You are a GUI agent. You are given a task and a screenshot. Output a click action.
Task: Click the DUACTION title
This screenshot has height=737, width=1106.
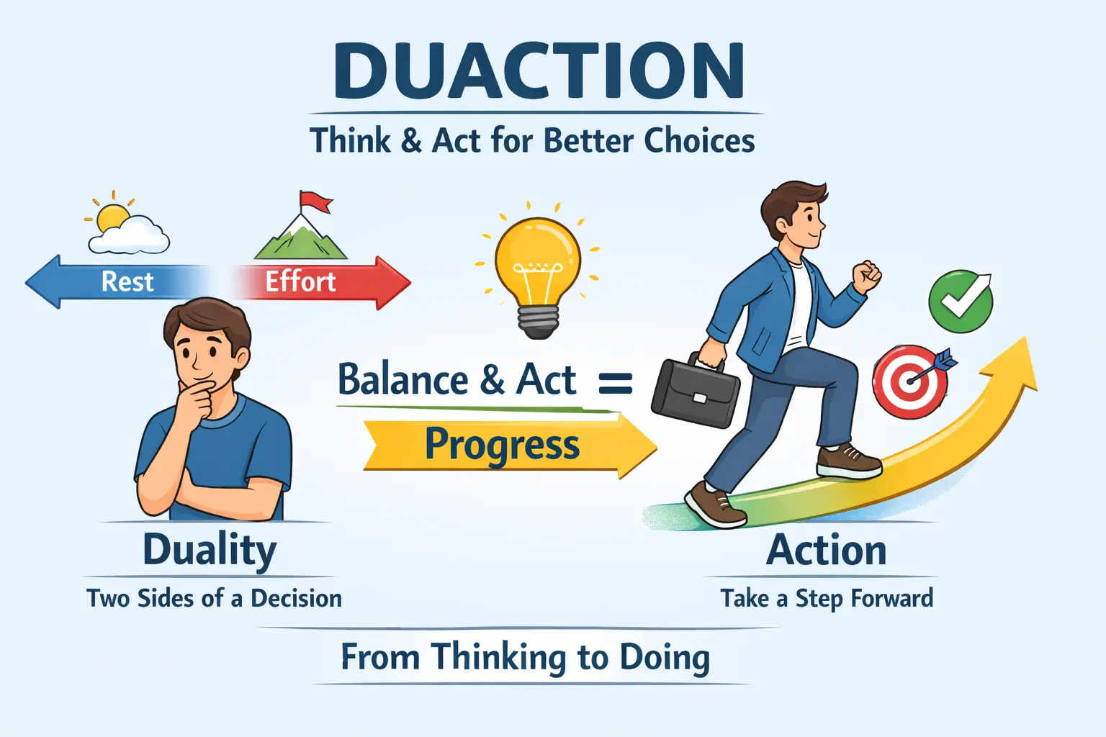pyautogui.click(x=539, y=72)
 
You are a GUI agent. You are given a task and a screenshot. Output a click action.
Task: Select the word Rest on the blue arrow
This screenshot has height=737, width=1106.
pyautogui.click(x=127, y=281)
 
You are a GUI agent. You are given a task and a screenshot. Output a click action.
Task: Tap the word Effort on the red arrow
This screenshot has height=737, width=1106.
pyautogui.click(x=300, y=281)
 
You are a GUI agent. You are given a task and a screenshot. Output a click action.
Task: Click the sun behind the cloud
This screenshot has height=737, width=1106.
pyautogui.click(x=112, y=217)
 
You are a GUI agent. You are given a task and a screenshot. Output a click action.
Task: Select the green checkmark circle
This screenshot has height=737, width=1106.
pyautogui.click(x=960, y=302)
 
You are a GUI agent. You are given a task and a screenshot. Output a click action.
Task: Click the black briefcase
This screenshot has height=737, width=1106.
pyautogui.click(x=695, y=392)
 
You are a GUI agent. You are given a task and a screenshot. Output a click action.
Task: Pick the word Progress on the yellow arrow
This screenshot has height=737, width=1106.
pyautogui.click(x=502, y=445)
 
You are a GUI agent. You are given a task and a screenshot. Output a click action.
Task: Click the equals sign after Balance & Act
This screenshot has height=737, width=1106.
pyautogui.click(x=616, y=383)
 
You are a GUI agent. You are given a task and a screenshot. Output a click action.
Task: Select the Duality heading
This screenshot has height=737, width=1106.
pyautogui.click(x=209, y=551)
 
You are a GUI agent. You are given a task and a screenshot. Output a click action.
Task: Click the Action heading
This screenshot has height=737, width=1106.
pyautogui.click(x=826, y=551)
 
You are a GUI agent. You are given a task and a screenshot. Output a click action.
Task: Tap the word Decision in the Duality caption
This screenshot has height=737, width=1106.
pyautogui.click(x=296, y=599)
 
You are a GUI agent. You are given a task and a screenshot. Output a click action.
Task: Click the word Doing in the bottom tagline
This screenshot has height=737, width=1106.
pyautogui.click(x=664, y=658)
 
